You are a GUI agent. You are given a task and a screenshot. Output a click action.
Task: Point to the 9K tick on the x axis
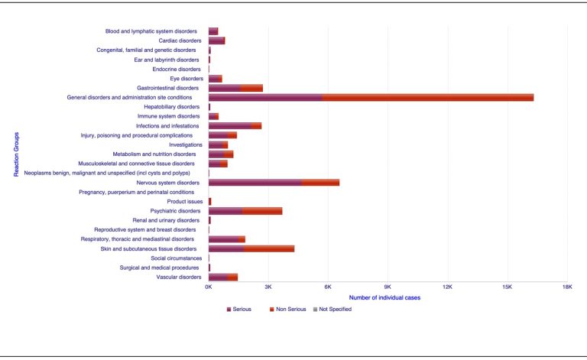388,287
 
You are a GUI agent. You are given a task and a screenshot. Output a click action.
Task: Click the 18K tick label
566,287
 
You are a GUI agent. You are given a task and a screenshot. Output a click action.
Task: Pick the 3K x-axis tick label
268,287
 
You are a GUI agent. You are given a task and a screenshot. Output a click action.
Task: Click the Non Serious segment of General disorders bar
428,97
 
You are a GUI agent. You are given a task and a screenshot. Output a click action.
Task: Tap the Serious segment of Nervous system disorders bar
255,183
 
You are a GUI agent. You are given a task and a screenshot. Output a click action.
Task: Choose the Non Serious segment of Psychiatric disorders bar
262,211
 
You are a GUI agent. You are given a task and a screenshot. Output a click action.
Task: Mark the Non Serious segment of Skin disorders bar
269,248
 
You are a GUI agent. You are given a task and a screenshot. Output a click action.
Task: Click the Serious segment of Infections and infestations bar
229,125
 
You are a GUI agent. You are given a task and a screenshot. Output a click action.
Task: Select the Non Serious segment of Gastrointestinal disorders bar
251,88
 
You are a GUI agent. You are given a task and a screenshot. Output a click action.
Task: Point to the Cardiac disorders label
180,41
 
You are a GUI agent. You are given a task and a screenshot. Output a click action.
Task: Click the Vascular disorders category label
179,277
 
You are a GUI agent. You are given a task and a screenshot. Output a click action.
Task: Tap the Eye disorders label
186,78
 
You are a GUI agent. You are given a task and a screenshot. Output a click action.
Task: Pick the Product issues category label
185,201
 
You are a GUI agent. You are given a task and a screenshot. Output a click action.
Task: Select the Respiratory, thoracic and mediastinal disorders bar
226,239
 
